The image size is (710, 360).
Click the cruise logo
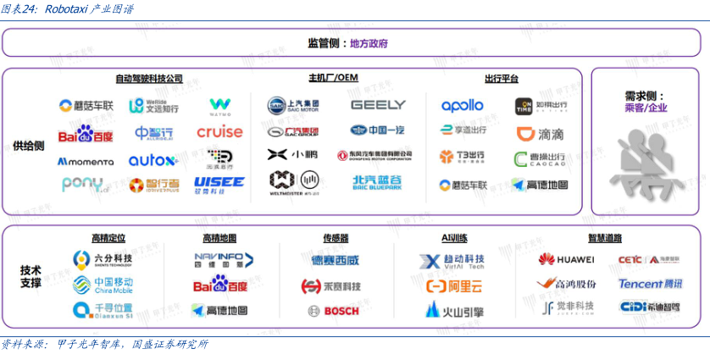coord(219,132)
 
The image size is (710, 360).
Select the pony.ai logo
coord(86,184)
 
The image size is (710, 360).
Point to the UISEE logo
coord(219,182)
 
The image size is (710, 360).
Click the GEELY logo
coord(378,106)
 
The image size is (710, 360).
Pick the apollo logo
coord(462,106)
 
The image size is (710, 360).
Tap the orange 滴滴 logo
coord(540,133)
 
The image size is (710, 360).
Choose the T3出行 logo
coord(462,158)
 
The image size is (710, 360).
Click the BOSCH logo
coord(335,311)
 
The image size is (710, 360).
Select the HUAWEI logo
coord(565,259)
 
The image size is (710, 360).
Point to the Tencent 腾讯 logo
coord(650,284)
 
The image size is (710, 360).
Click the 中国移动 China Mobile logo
coord(102,285)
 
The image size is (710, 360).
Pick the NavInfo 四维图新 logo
coord(219,259)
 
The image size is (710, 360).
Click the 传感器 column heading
coord(336,238)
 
